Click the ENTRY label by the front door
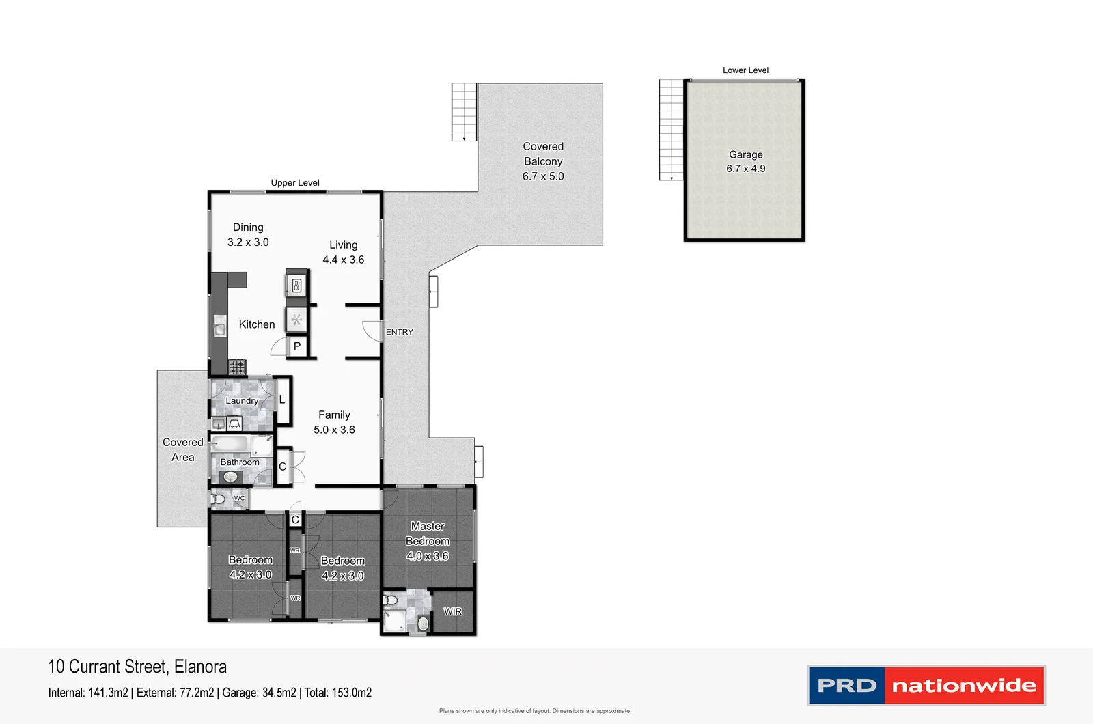[399, 332]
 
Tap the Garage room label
[745, 154]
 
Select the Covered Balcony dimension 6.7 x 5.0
[543, 176]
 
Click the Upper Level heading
[295, 182]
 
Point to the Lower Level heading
[745, 70]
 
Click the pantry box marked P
[297, 346]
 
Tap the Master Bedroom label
[428, 533]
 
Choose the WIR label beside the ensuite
[452, 611]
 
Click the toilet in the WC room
[218, 499]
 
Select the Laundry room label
[242, 400]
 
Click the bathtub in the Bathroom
[230, 445]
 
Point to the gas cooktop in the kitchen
[237, 367]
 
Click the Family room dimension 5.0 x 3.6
[334, 430]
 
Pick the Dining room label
[248, 227]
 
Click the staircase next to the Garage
[671, 130]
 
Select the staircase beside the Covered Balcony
[464, 112]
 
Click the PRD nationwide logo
[926, 685]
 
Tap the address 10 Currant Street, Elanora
[137, 667]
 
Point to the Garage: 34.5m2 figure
[259, 693]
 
